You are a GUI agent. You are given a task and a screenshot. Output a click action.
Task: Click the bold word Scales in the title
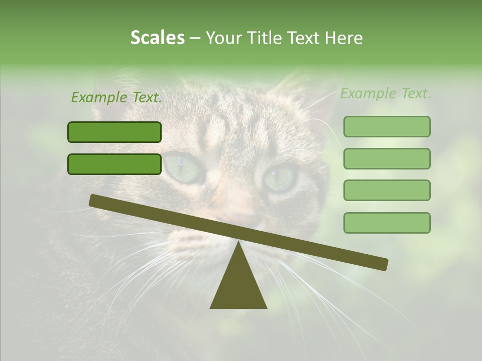[158, 38]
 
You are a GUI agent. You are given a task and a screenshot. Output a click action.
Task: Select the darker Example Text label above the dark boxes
[116, 98]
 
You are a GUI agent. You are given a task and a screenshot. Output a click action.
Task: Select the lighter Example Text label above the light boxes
[386, 94]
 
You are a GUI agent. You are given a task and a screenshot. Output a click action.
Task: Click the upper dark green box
[114, 132]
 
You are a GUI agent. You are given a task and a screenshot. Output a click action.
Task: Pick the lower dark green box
[114, 164]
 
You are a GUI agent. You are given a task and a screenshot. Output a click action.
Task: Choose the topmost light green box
[387, 126]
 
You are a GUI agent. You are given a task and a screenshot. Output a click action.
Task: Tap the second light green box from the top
[387, 158]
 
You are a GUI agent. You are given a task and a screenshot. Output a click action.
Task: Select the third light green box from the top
[387, 190]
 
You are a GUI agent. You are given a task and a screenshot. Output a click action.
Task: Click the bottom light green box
[387, 223]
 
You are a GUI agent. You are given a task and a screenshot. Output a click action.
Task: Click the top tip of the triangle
[238, 243]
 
